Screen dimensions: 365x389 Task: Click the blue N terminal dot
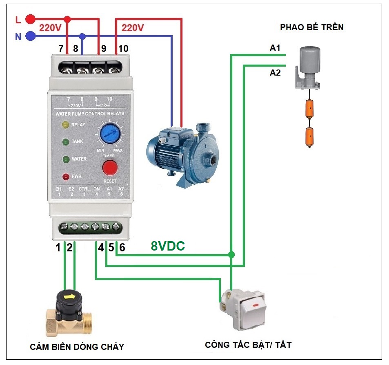pyautogui.click(x=30, y=36)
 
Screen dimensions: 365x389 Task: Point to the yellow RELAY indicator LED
pyautogui.click(x=65, y=125)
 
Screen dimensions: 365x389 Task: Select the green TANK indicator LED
pyautogui.click(x=65, y=142)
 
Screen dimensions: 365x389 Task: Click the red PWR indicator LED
pyautogui.click(x=65, y=177)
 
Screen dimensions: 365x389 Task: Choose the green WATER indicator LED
pyautogui.click(x=65, y=159)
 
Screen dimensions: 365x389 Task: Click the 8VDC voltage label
pyautogui.click(x=167, y=246)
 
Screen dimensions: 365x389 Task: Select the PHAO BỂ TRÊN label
pyautogui.click(x=311, y=28)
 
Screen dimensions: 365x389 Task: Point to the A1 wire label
pyautogui.click(x=275, y=48)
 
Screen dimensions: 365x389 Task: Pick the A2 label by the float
pyautogui.click(x=275, y=73)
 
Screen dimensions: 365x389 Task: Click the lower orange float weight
pyautogui.click(x=312, y=137)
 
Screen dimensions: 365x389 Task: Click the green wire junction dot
pyautogui.click(x=231, y=255)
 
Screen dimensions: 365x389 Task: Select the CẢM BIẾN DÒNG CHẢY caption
pyautogui.click(x=77, y=347)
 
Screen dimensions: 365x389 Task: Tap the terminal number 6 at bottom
pyautogui.click(x=122, y=247)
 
